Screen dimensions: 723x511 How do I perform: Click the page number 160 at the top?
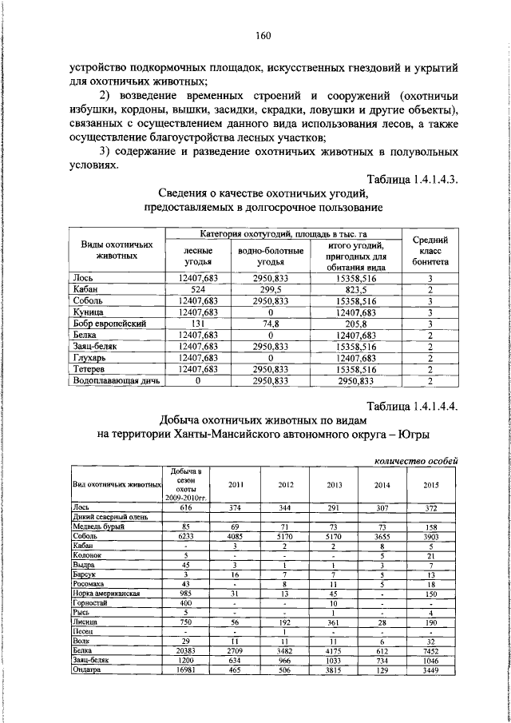pyautogui.click(x=264, y=34)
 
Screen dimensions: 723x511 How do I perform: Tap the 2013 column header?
pyautogui.click(x=335, y=484)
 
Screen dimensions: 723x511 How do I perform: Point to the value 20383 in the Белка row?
pyautogui.click(x=186, y=652)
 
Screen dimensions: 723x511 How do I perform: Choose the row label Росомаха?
pyautogui.click(x=89, y=584)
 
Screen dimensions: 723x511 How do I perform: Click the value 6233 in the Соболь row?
pyautogui.click(x=186, y=536)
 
